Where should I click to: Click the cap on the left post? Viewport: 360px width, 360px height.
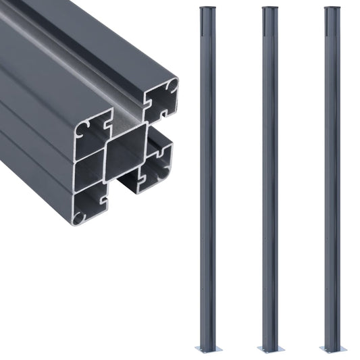point(205,9)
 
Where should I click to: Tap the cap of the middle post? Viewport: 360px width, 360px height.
point(269,9)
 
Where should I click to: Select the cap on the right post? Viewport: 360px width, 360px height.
point(332,9)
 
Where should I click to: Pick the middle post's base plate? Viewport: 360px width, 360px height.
point(269,349)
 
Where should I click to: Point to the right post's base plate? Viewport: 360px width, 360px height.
point(332,349)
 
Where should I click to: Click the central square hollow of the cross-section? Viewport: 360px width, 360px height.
point(126,152)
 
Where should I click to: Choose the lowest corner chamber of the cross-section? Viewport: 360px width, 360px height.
point(90,205)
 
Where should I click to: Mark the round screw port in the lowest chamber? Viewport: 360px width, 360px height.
point(80,217)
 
